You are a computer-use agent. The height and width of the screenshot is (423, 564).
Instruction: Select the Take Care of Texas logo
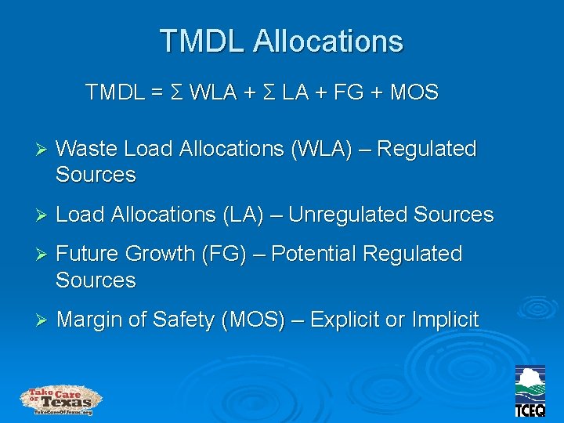point(60,400)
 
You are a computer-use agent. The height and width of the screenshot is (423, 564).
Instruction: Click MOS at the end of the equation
point(414,93)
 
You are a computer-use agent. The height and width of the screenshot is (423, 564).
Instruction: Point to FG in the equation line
point(353,93)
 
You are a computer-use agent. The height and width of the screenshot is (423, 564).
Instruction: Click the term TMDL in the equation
point(114,93)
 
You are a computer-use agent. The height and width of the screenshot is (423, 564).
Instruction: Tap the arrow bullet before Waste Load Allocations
point(42,149)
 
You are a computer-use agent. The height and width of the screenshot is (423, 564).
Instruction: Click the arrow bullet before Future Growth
point(42,255)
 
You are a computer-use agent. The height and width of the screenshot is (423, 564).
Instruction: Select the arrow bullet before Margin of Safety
point(42,320)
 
